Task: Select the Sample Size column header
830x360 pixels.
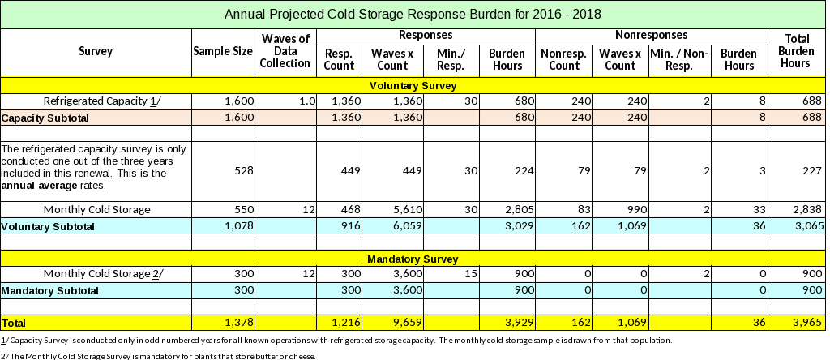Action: [222, 52]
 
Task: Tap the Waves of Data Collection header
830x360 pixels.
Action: [286, 51]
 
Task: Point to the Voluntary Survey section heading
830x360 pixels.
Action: [413, 85]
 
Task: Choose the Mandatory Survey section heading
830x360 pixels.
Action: [413, 259]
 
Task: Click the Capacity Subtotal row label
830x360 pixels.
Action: [45, 118]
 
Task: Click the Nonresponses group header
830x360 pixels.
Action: [652, 36]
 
